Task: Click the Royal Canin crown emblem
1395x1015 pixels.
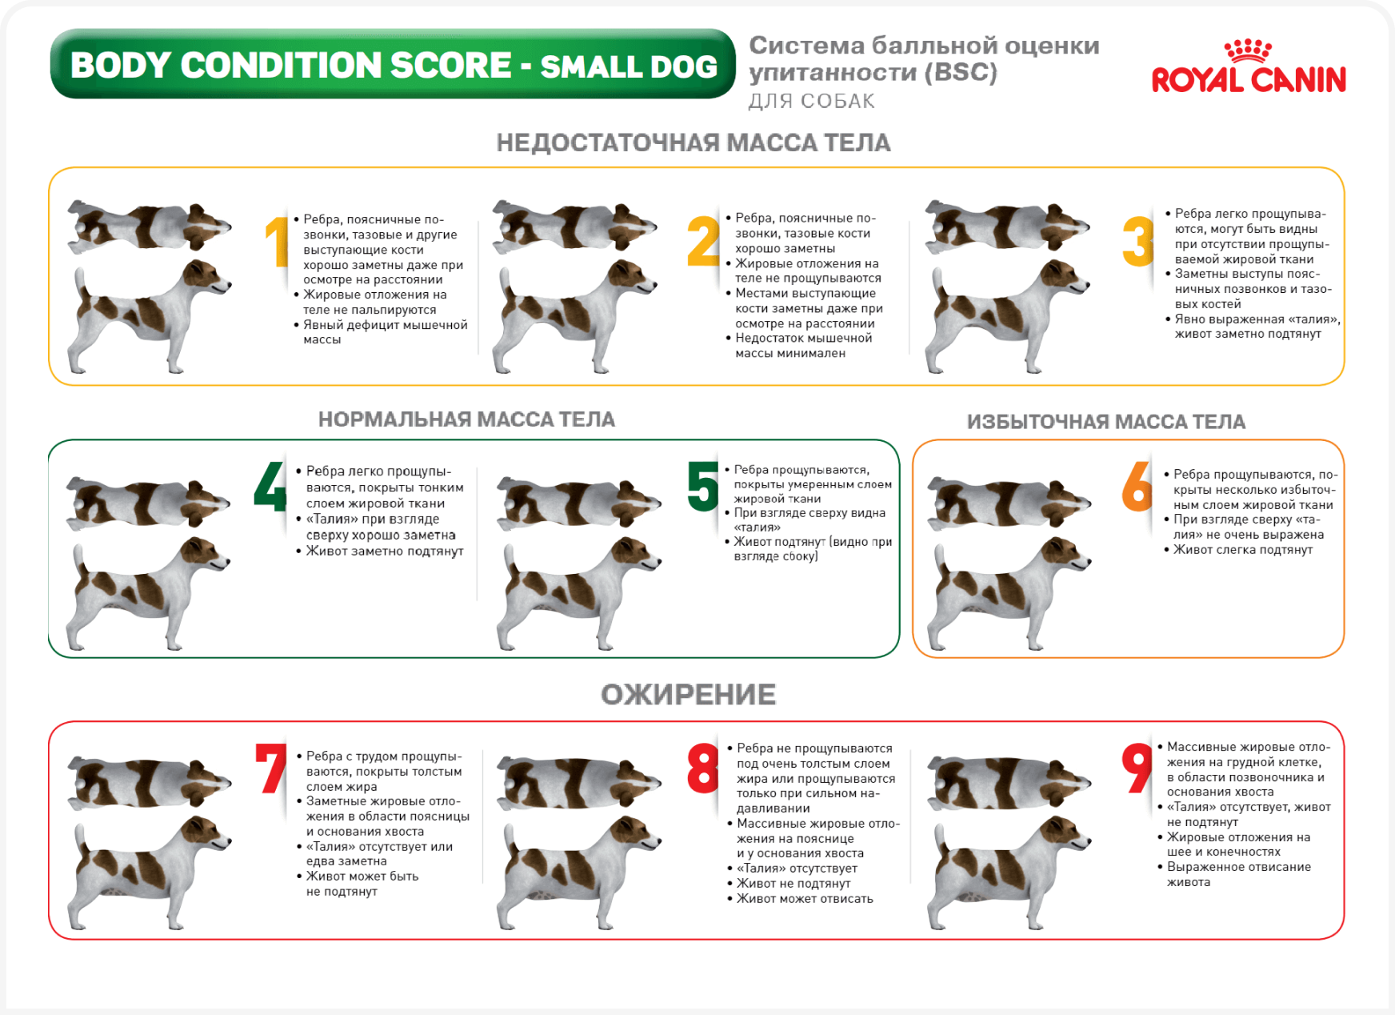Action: pos(1248,51)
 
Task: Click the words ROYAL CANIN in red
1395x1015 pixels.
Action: pos(1249,80)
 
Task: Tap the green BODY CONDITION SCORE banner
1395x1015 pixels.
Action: pos(393,64)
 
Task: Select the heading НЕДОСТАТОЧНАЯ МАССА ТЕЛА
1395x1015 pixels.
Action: pos(694,142)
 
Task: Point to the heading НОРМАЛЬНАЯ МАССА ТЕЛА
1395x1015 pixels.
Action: pos(466,419)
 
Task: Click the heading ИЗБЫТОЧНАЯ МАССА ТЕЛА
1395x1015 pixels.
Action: pos(1106,422)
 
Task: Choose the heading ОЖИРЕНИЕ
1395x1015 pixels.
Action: pos(689,694)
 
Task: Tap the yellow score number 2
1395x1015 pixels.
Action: pos(704,240)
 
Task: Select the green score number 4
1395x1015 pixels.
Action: pos(270,486)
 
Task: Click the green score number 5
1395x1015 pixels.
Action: pos(703,485)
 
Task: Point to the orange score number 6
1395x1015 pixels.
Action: pos(1137,486)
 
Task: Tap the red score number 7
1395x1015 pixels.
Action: pos(271,768)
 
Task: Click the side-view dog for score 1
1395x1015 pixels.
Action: pos(150,316)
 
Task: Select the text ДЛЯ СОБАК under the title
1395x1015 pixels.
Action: pos(811,102)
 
